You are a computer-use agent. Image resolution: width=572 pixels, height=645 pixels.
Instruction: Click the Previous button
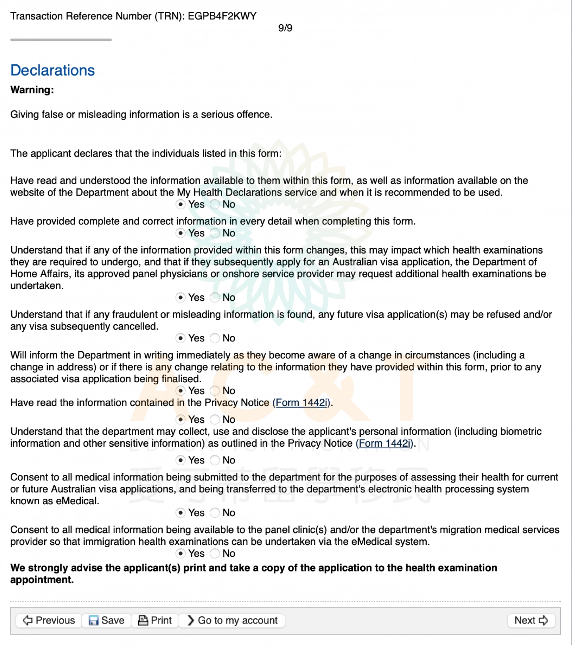click(49, 620)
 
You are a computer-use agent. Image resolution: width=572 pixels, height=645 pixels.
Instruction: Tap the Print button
click(155, 620)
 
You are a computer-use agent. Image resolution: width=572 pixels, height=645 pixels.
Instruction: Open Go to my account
click(232, 620)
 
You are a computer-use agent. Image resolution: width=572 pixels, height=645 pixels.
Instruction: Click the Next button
click(531, 620)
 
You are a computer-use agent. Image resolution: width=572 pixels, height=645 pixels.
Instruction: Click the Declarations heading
click(52, 70)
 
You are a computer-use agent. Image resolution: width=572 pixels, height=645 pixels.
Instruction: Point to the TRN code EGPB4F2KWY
click(222, 16)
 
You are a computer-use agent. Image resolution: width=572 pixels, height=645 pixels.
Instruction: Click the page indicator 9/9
click(285, 28)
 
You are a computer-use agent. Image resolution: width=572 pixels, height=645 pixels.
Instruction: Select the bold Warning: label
click(32, 90)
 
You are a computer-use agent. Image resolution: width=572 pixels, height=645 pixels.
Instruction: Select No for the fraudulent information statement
click(215, 338)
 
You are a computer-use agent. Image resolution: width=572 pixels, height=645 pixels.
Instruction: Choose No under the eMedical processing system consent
click(215, 513)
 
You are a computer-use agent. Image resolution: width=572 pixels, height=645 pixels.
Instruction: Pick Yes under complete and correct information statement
click(181, 233)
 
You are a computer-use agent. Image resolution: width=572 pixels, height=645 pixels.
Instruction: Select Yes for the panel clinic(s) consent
click(181, 554)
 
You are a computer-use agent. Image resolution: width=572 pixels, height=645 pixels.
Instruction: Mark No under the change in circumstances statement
click(215, 391)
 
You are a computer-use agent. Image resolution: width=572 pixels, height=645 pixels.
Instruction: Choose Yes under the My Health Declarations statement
click(181, 204)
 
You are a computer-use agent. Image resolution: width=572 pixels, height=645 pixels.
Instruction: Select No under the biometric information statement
click(215, 460)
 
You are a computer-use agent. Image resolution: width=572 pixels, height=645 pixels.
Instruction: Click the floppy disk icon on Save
click(94, 620)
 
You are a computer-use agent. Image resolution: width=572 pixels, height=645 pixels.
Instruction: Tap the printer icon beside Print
click(143, 620)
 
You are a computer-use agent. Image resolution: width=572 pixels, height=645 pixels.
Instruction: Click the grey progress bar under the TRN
click(61, 40)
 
